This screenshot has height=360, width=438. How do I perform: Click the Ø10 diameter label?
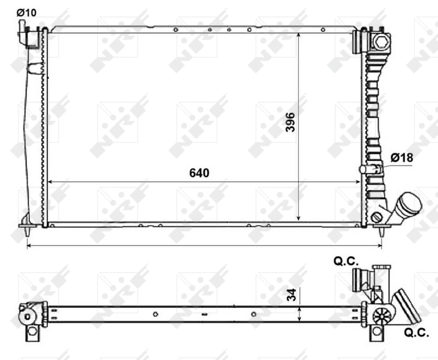pos(26,12)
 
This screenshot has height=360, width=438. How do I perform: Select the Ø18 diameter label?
pos(401,157)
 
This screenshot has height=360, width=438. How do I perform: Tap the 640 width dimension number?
pos(199,173)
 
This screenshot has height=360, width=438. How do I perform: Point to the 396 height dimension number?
pos(290,122)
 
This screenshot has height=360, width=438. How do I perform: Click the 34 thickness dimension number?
pos(290,295)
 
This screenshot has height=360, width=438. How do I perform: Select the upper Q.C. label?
pos(346,261)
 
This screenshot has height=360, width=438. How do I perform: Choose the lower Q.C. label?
pos(416,332)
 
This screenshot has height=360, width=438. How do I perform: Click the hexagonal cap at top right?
pos(380,41)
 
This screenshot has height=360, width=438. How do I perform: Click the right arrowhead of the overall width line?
pos(380,245)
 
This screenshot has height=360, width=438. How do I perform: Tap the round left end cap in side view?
pos(28,314)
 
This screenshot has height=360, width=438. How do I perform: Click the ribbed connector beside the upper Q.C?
pos(359,278)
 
